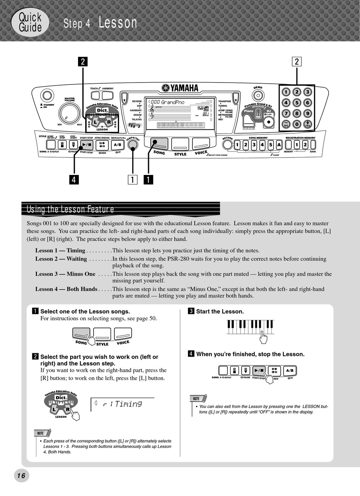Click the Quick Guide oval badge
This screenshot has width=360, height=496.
click(x=30, y=22)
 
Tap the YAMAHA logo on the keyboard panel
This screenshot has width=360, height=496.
click(x=180, y=88)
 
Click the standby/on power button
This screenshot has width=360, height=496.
click(x=47, y=95)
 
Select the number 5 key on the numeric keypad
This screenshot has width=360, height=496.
click(x=297, y=103)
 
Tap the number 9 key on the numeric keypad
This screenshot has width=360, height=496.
click(x=308, y=113)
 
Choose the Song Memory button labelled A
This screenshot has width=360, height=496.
click(x=279, y=145)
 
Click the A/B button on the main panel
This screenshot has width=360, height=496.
click(x=117, y=145)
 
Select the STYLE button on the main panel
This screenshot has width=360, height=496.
click(x=180, y=144)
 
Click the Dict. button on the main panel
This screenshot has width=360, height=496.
click(x=102, y=110)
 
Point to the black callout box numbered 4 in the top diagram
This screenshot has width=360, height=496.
click(x=74, y=179)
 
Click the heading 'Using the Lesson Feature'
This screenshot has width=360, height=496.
click(x=70, y=209)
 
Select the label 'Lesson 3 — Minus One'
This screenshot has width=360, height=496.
click(x=65, y=274)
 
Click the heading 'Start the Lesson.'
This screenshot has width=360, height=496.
click(x=220, y=312)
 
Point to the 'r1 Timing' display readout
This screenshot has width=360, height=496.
click(x=122, y=404)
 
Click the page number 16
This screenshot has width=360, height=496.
click(x=21, y=476)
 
